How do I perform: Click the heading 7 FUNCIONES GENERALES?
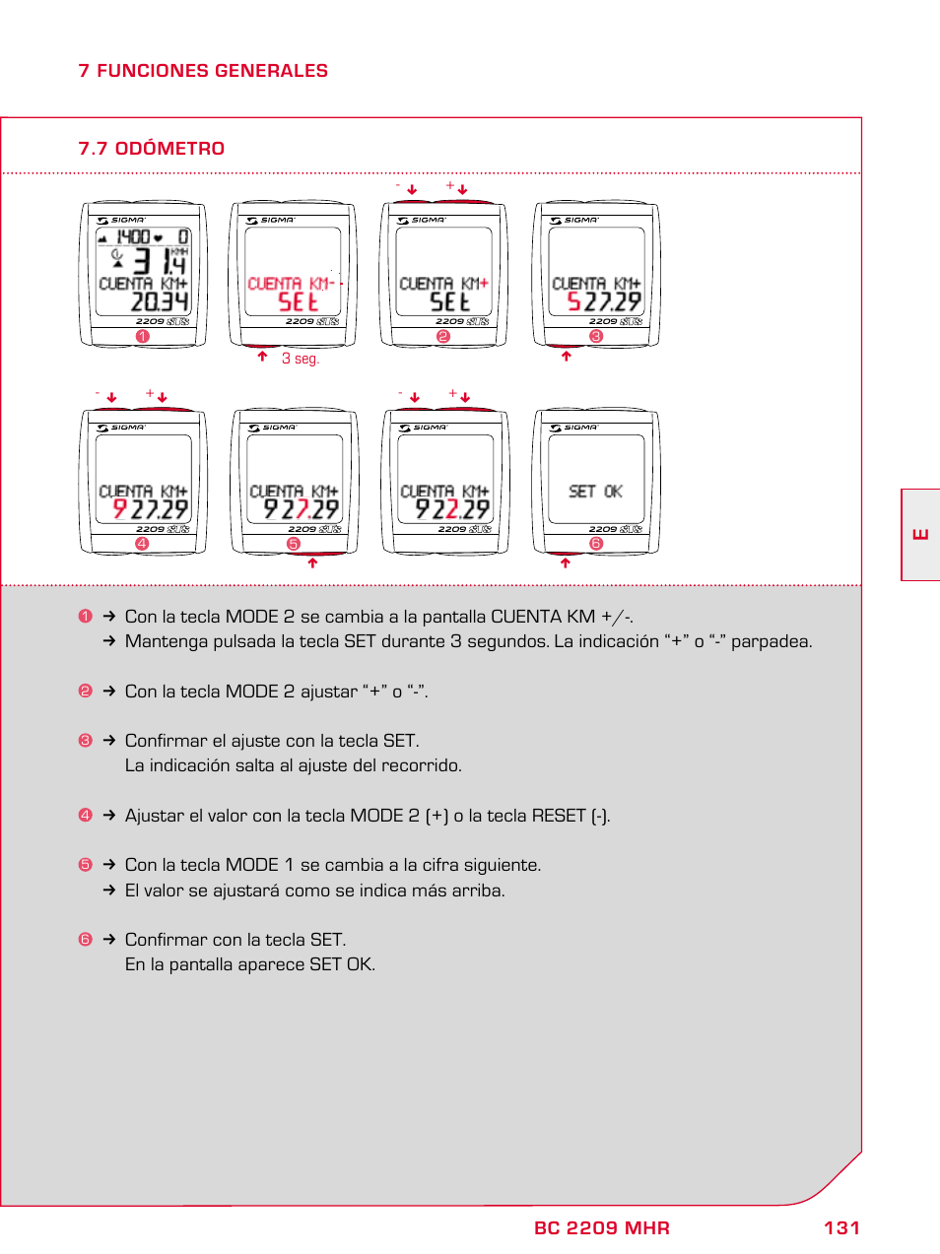pos(202,71)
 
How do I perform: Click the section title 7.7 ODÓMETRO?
pos(151,149)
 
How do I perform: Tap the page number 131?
pos(841,1227)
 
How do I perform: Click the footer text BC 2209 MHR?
pos(601,1227)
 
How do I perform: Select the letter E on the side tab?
pos(920,535)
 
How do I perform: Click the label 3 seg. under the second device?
pos(301,359)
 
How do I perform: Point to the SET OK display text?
pos(595,491)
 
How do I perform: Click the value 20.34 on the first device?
pos(159,301)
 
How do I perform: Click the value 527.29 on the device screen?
pos(603,301)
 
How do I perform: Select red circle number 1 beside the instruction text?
pos(85,617)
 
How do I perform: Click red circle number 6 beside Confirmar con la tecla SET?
pos(85,940)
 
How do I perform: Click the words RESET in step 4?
pos(558,816)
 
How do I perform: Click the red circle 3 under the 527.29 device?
pos(595,337)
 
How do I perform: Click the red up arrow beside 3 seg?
pos(262,357)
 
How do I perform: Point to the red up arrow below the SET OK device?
pos(566,563)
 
